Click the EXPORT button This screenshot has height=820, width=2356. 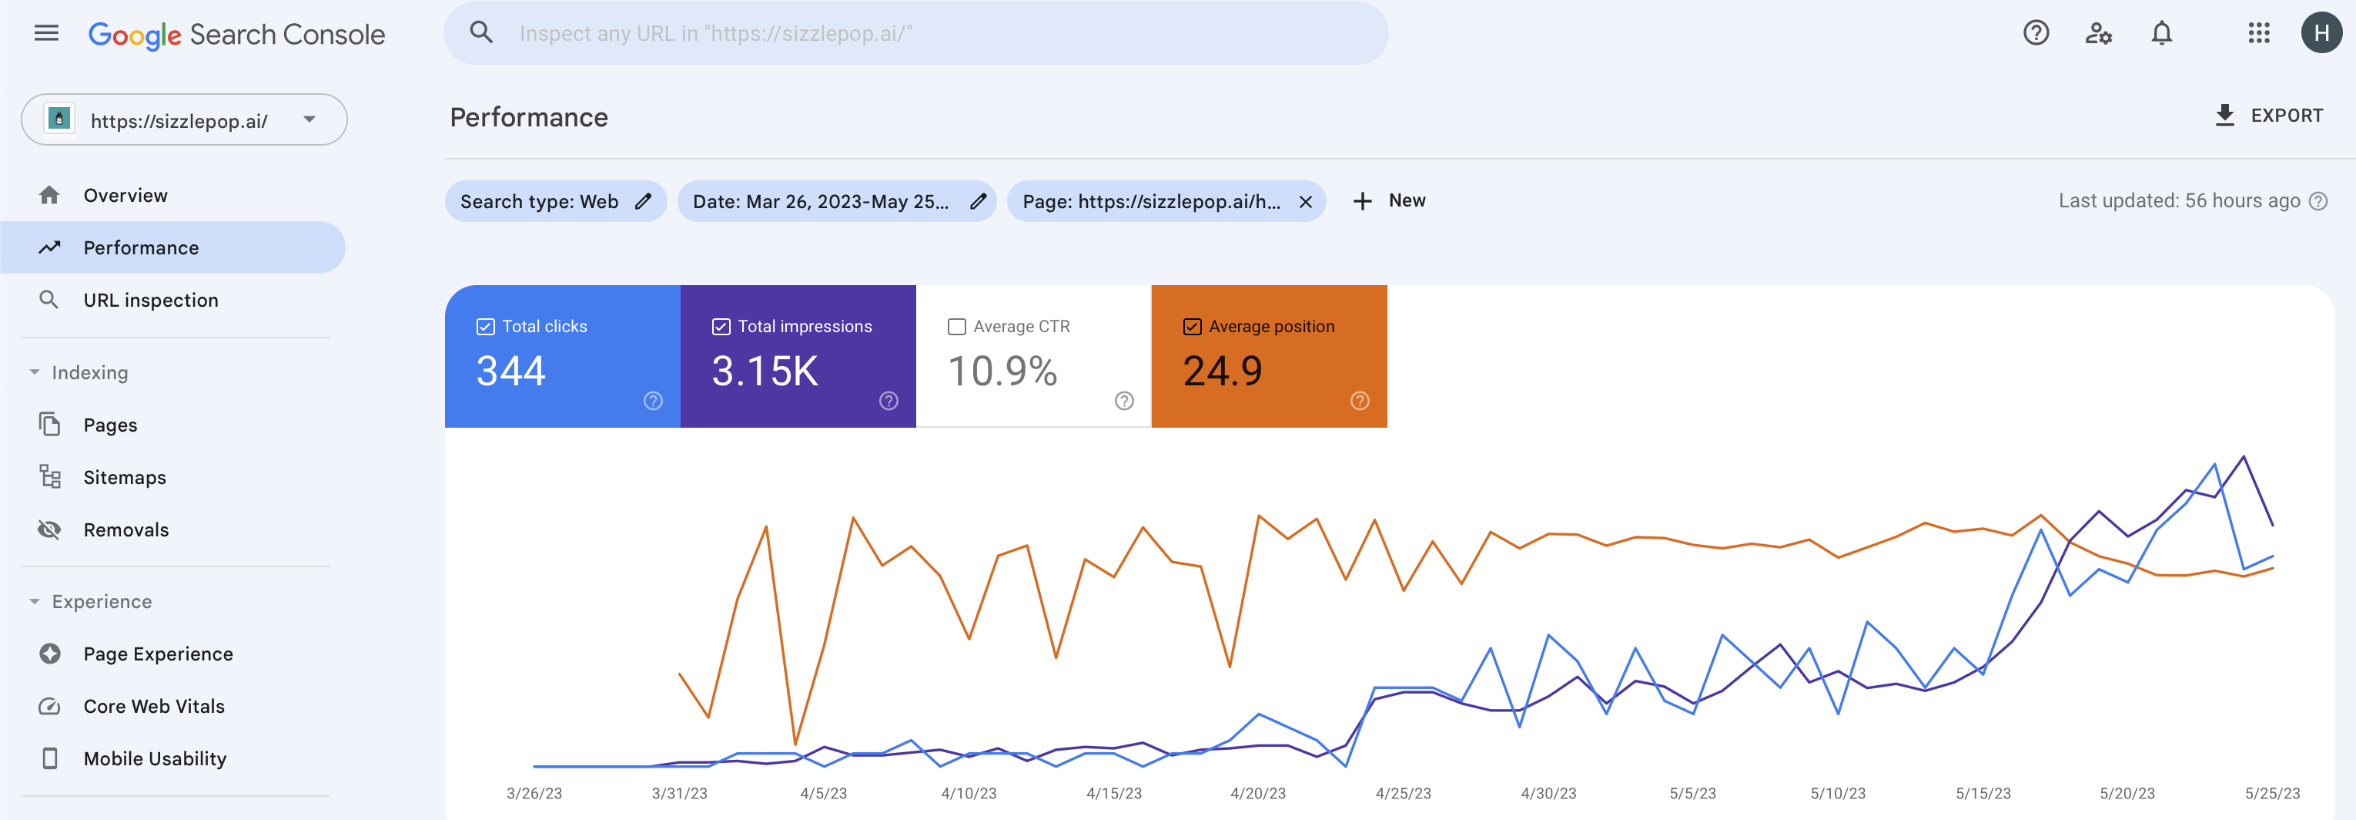click(2268, 116)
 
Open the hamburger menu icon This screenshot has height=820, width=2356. click(45, 34)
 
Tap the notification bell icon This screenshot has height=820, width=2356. click(2161, 34)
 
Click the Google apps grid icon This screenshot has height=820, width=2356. click(2259, 34)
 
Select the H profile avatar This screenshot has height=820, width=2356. click(2321, 34)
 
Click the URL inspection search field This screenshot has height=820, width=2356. click(915, 34)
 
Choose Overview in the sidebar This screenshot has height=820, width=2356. click(125, 195)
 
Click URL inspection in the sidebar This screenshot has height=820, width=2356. click(150, 301)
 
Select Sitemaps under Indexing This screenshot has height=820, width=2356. click(125, 477)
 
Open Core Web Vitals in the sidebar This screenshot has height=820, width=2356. click(154, 706)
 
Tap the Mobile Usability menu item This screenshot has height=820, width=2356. click(155, 758)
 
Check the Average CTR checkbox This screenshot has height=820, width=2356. click(957, 327)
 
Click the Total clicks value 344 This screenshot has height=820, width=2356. click(510, 371)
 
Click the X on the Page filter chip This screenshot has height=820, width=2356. click(1305, 201)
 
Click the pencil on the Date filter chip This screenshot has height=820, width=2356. click(978, 201)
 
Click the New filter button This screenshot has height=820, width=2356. click(1389, 200)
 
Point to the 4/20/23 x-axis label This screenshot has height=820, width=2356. click(1257, 792)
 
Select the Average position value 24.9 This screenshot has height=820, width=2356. click(1222, 371)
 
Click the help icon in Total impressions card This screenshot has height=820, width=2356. click(888, 401)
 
